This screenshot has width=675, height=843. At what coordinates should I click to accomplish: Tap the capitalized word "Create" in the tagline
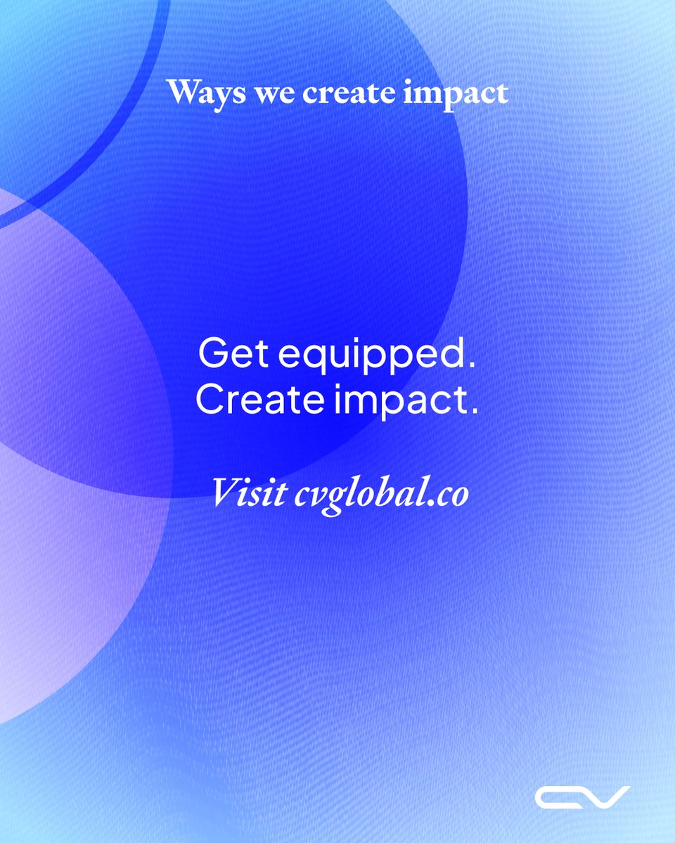(x=259, y=399)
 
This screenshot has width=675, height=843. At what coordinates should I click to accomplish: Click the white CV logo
(x=582, y=797)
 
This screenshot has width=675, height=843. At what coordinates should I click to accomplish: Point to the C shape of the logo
(x=558, y=797)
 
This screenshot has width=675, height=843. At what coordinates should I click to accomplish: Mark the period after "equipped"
(x=471, y=366)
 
